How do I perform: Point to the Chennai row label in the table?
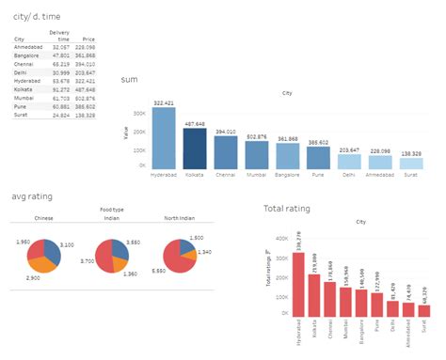click(25, 64)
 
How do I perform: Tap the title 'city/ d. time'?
click(35, 16)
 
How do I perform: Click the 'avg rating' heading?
click(32, 196)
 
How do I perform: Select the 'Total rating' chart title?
click(288, 208)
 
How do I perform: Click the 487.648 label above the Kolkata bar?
click(195, 122)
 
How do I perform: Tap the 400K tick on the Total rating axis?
click(279, 239)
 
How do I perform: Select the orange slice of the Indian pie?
click(117, 264)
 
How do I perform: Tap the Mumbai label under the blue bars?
click(257, 175)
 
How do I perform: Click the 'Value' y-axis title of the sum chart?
click(125, 134)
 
